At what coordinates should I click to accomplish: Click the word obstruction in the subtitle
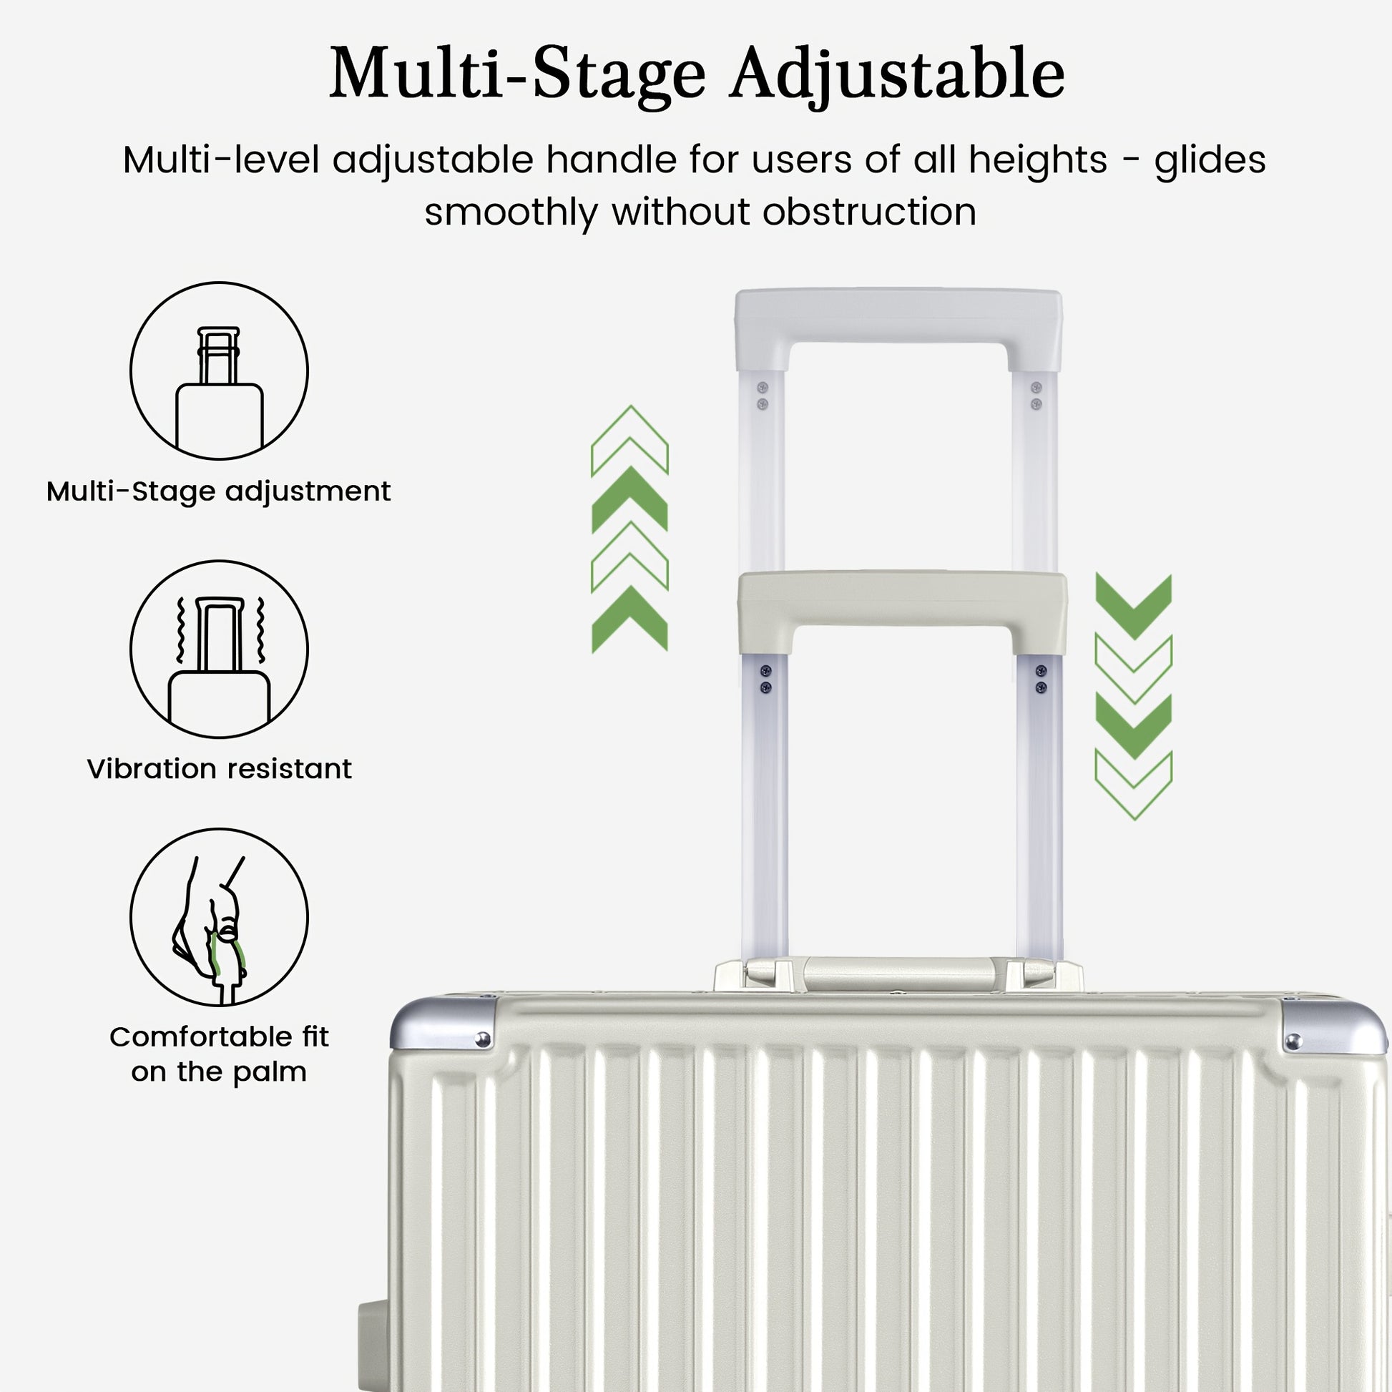pos(870,212)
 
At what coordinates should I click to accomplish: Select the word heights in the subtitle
pos(1037,160)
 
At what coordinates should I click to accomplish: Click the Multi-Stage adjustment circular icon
pos(219,371)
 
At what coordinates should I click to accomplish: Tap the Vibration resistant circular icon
pos(219,650)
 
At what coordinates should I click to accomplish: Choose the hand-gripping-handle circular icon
pos(219,917)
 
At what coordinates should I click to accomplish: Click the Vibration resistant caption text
pos(219,769)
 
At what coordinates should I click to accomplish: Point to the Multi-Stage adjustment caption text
pos(219,492)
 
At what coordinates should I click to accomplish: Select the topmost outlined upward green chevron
pos(629,440)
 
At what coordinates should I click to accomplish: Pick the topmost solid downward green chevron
pos(1133,606)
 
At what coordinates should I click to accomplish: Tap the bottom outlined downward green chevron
pos(1133,785)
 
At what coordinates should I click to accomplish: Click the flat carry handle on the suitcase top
pos(898,974)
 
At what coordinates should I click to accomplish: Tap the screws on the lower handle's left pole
pos(766,680)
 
